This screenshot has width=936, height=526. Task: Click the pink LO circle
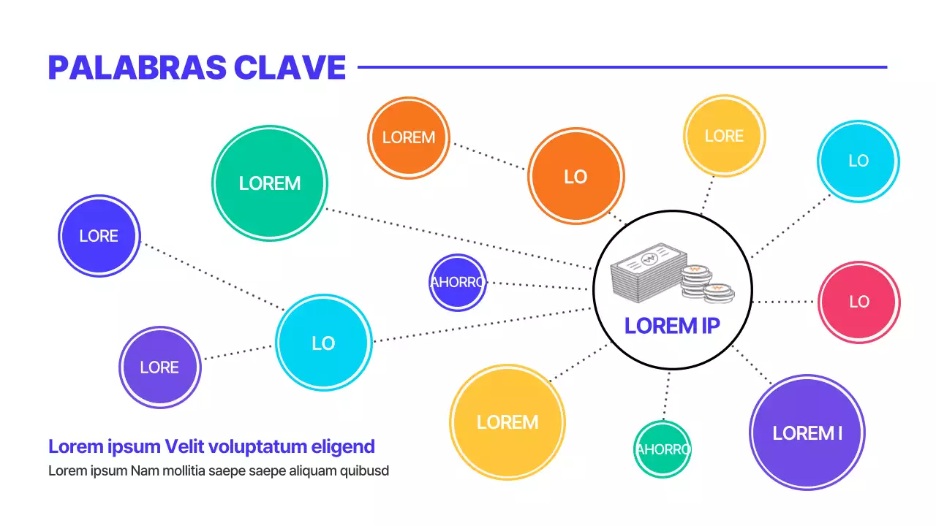click(x=858, y=302)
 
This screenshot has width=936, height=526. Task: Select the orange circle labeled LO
click(x=575, y=176)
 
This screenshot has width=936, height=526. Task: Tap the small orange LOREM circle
click(x=408, y=137)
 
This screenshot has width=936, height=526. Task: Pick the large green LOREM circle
click(x=270, y=183)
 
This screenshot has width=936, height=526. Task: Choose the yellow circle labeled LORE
click(x=724, y=136)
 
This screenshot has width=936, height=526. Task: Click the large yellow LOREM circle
click(x=507, y=422)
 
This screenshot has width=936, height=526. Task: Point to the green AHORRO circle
click(x=662, y=449)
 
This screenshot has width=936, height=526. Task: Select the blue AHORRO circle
click(x=457, y=282)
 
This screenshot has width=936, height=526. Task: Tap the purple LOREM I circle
click(x=807, y=432)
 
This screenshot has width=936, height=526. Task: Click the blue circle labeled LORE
click(x=99, y=236)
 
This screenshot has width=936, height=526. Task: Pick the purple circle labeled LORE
click(x=159, y=367)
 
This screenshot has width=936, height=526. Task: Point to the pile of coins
click(x=706, y=283)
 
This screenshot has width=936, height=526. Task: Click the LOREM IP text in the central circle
click(x=672, y=326)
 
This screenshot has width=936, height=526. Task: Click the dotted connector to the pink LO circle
click(x=784, y=302)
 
